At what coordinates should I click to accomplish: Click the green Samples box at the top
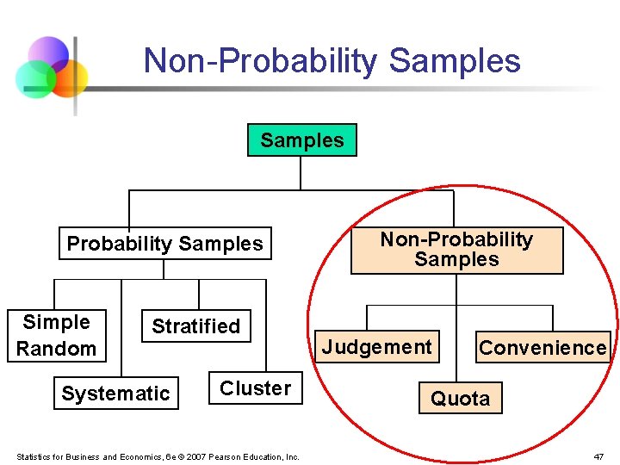[x=301, y=140]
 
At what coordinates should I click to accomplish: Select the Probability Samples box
[x=164, y=244]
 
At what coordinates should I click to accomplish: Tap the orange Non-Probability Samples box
[x=456, y=250]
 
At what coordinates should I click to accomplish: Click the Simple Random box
[x=57, y=335]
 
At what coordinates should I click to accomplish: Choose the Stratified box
[x=195, y=326]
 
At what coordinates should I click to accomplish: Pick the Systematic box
[x=115, y=394]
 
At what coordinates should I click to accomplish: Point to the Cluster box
[x=255, y=388]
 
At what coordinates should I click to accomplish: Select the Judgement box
[x=377, y=347]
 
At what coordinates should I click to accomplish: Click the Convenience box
[x=542, y=348]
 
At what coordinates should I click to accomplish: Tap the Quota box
[x=460, y=399]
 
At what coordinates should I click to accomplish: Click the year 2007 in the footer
[x=195, y=456]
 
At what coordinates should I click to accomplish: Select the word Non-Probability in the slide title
[x=261, y=61]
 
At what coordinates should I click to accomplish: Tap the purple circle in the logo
[x=48, y=53]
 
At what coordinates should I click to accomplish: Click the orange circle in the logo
[x=69, y=77]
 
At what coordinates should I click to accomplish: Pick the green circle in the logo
[x=36, y=80]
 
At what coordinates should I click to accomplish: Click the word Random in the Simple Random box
[x=57, y=349]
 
